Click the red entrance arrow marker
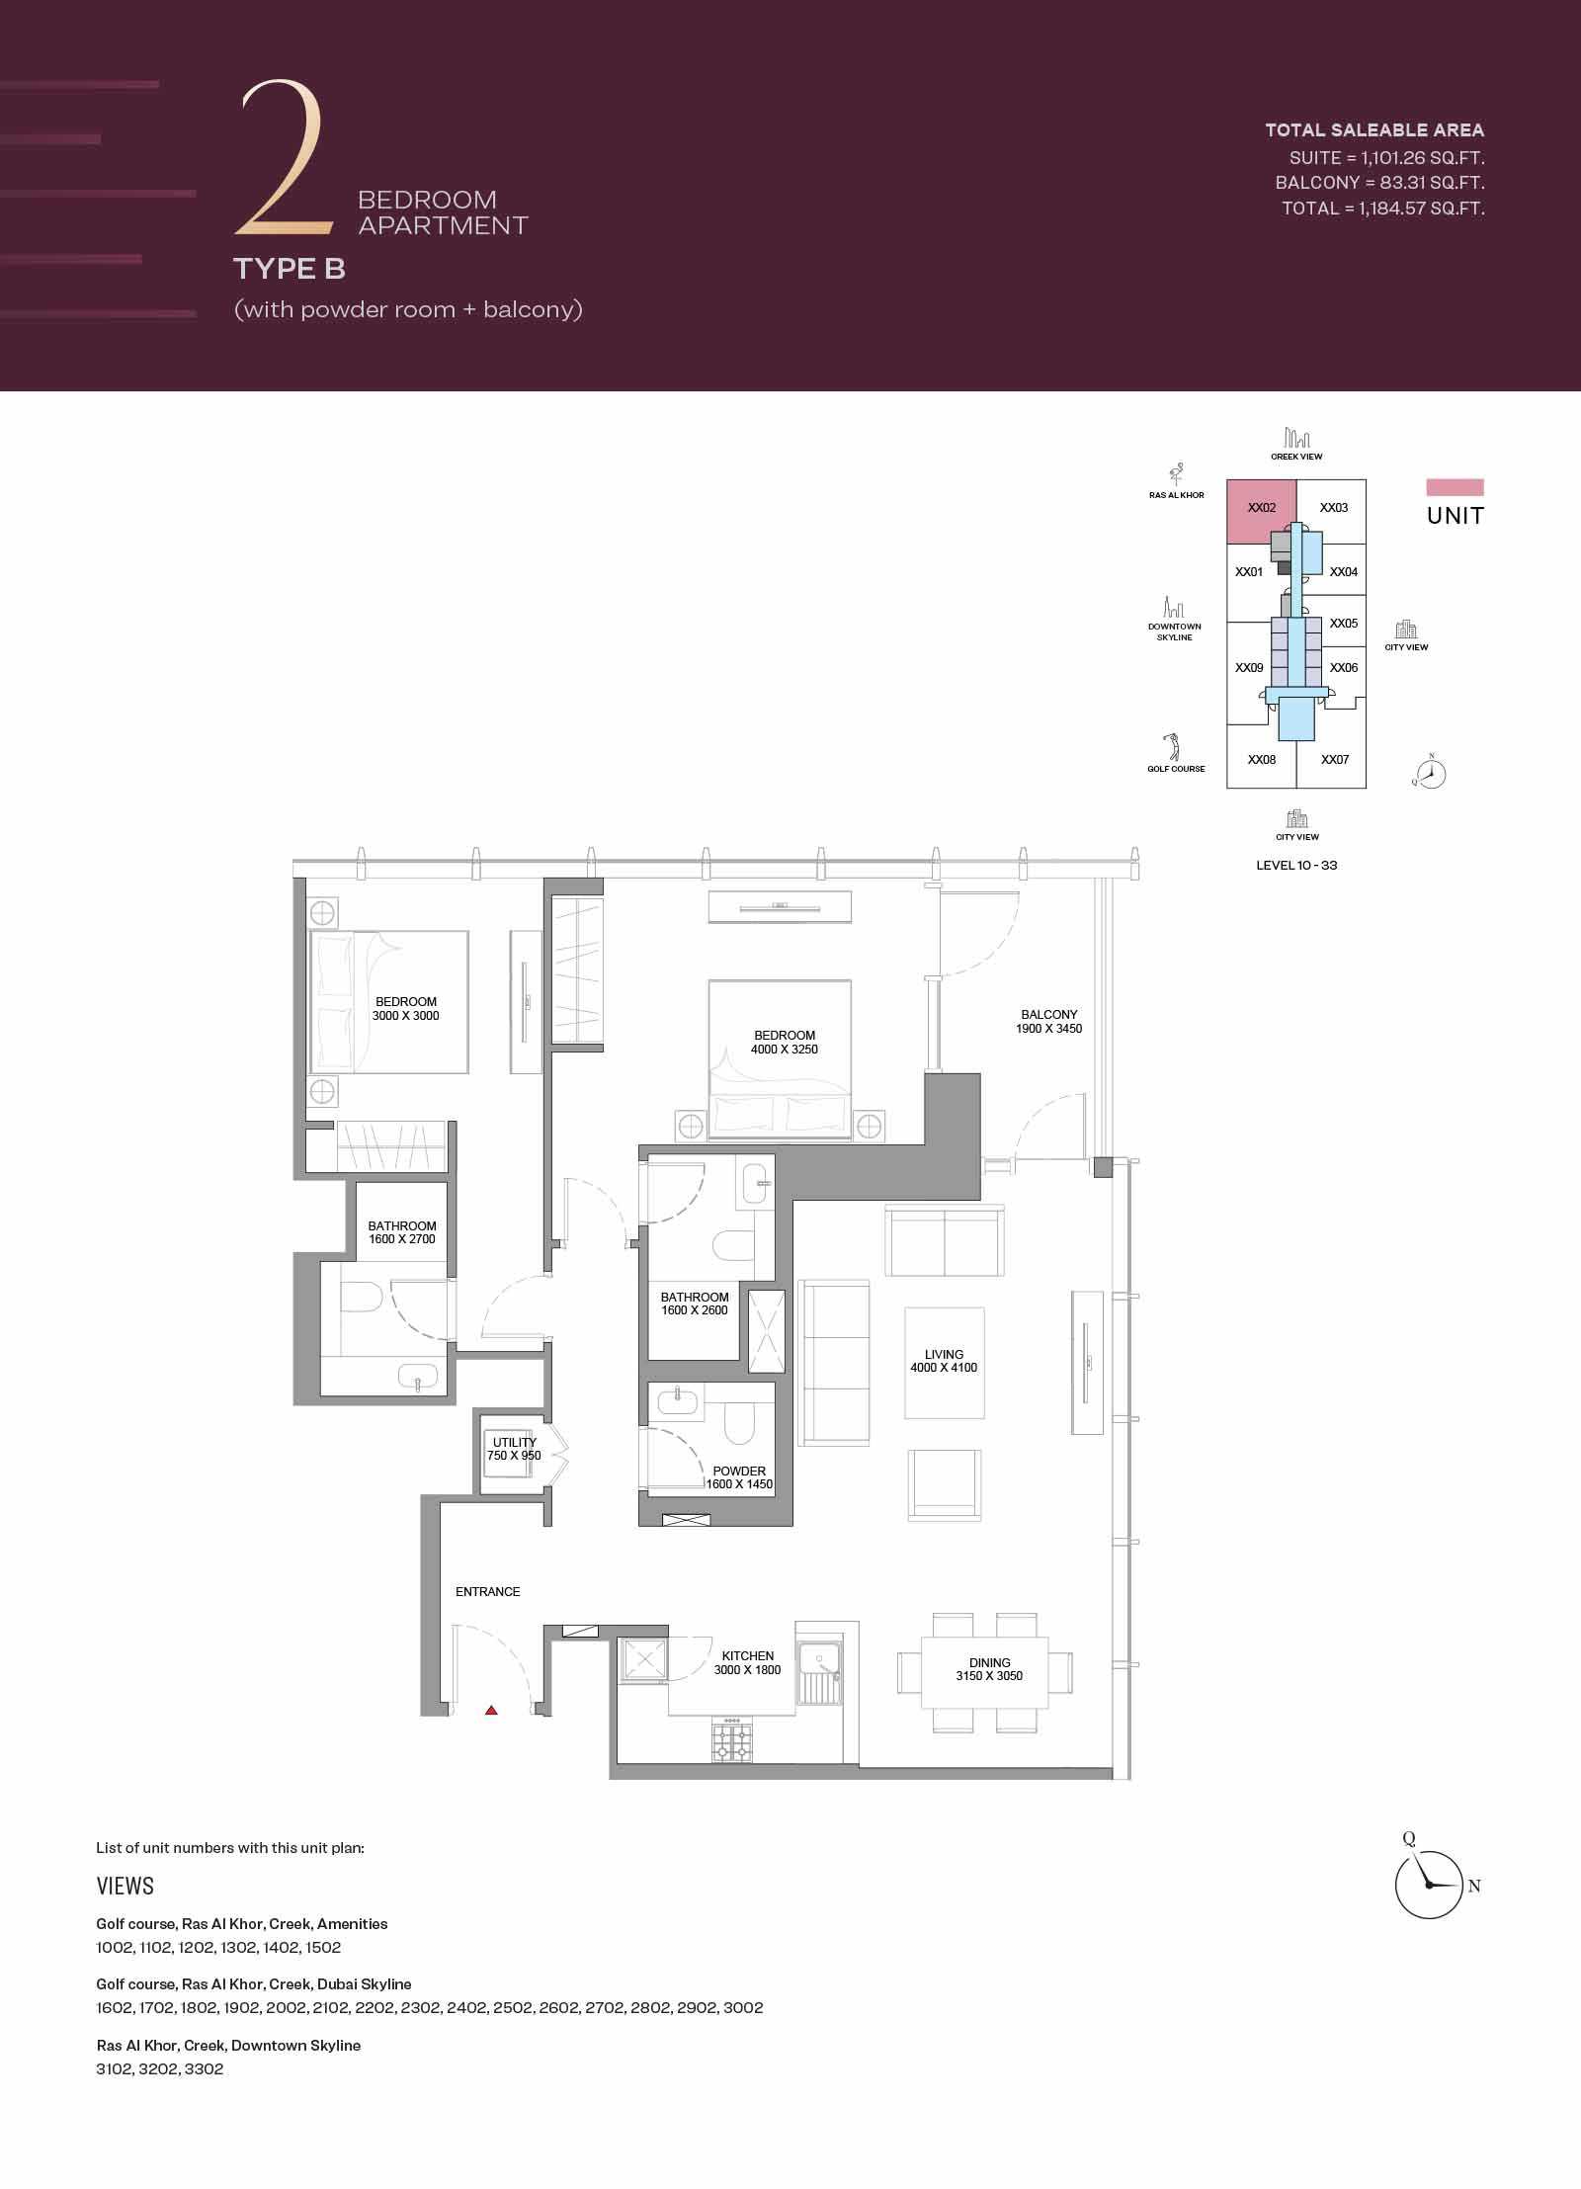tap(491, 1710)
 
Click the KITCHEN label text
tap(748, 1655)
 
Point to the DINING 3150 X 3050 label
tap(989, 1669)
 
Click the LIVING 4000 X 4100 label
tap(944, 1361)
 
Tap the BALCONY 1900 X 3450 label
tap(1049, 1021)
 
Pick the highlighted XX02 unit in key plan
tap(1262, 509)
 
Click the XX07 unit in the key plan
tap(1335, 760)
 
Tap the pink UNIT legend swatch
tap(1455, 487)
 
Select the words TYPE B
tap(290, 269)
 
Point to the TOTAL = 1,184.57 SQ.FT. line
tap(1382, 209)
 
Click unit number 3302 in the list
tap(204, 2068)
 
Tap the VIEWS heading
tap(125, 1886)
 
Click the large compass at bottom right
tap(1429, 1885)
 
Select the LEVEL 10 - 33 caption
tap(1296, 865)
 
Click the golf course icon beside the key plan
tap(1173, 746)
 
